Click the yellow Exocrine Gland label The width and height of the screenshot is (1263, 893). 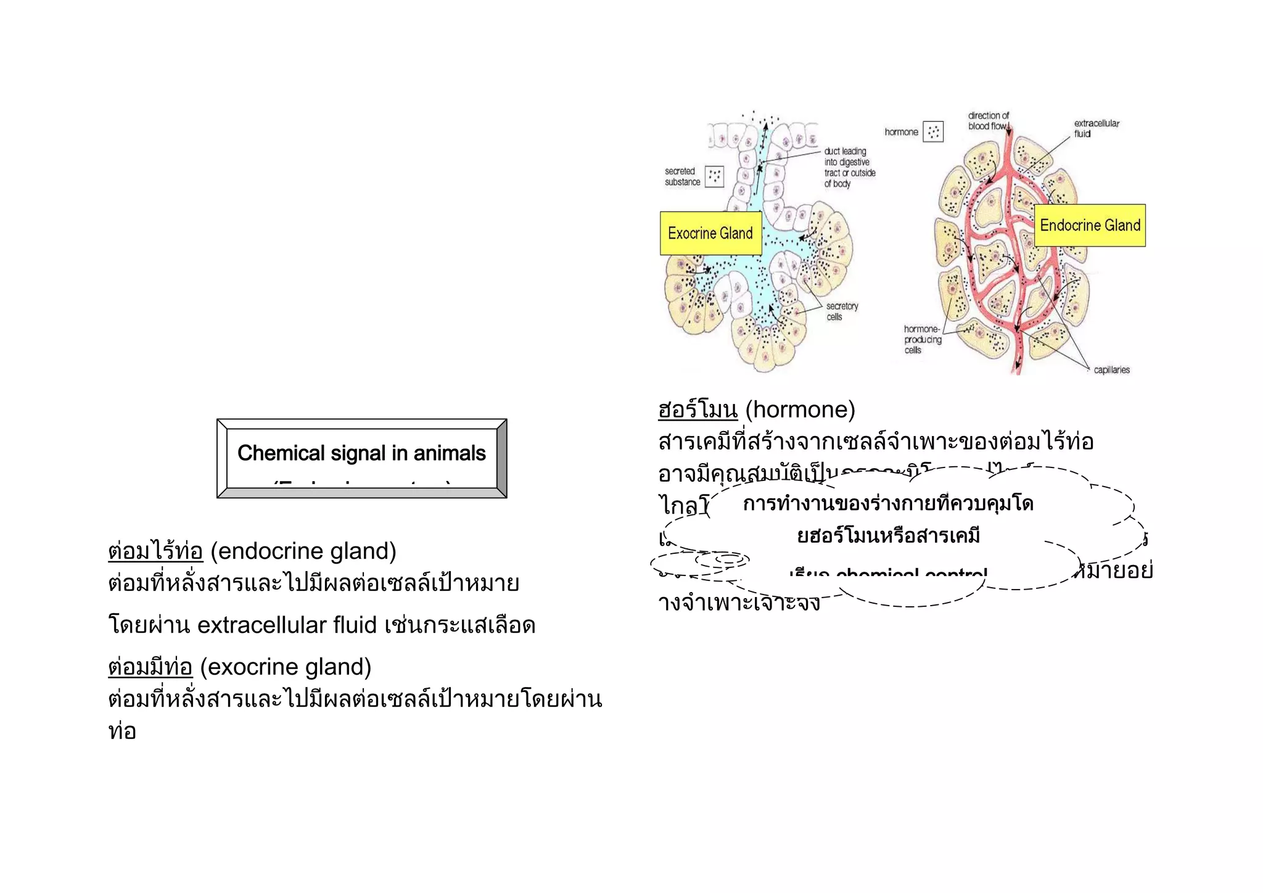710,233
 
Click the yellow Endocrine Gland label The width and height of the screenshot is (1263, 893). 1090,225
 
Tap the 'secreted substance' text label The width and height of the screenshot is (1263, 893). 682,176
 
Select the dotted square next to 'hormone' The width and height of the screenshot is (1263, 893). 933,131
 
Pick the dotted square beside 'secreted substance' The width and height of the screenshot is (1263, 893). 714,176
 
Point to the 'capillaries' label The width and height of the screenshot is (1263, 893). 1111,370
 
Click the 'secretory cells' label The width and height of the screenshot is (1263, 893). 842,311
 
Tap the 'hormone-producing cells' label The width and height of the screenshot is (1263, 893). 923,339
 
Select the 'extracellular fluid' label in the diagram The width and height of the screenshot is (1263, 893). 1096,128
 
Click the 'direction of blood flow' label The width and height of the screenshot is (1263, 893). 988,121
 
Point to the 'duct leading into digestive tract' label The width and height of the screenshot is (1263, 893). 849,167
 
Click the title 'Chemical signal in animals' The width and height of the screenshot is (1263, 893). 361,453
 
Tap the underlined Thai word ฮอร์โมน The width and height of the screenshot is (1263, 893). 697,409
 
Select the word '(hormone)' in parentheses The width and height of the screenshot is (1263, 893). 800,409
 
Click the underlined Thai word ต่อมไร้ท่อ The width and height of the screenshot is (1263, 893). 155,551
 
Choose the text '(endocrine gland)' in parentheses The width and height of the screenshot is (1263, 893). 303,551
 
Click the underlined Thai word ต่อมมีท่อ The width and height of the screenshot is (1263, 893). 150,667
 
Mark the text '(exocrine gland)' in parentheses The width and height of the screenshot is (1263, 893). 286,667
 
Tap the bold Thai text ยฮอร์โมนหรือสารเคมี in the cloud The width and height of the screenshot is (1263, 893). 888,536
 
